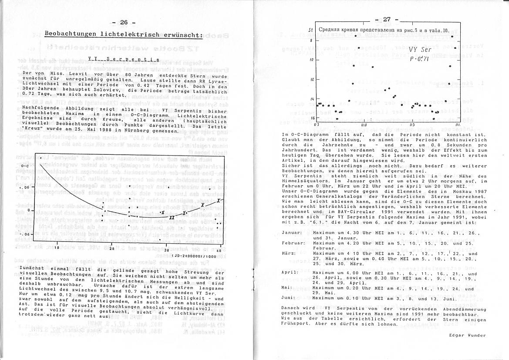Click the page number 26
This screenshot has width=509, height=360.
(123, 23)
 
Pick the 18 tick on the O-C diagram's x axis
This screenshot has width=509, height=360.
(56, 247)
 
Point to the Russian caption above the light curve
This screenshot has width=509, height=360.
(383, 30)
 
